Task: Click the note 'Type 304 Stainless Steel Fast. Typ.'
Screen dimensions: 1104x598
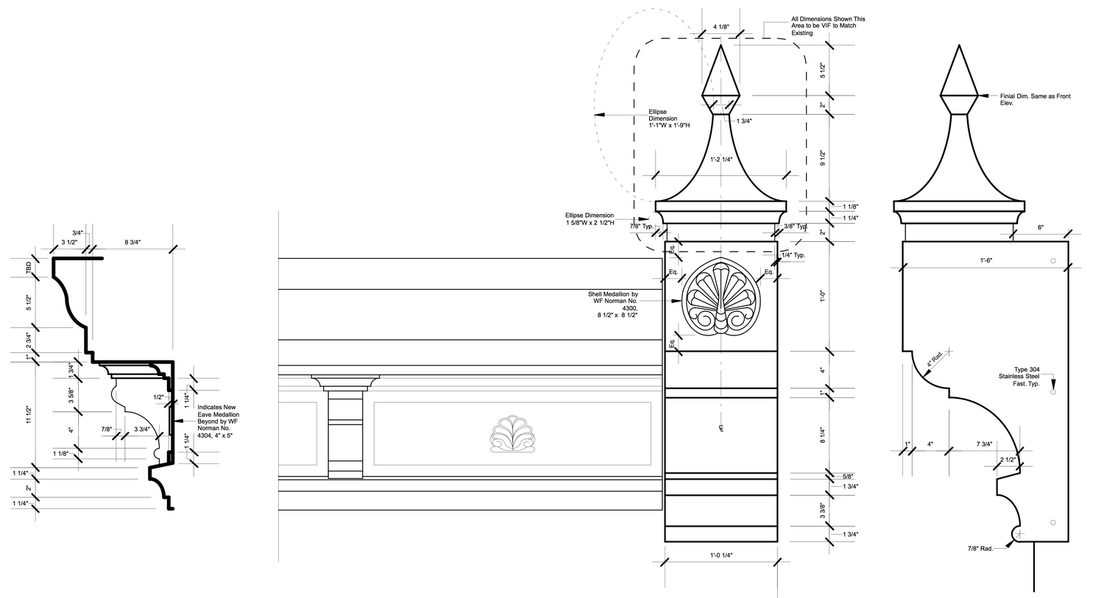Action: [x=1030, y=377]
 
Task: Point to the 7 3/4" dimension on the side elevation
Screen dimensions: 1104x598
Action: [x=984, y=444]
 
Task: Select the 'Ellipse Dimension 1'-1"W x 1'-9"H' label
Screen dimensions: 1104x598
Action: [x=667, y=119]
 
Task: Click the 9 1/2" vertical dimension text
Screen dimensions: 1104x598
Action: [x=824, y=157]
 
